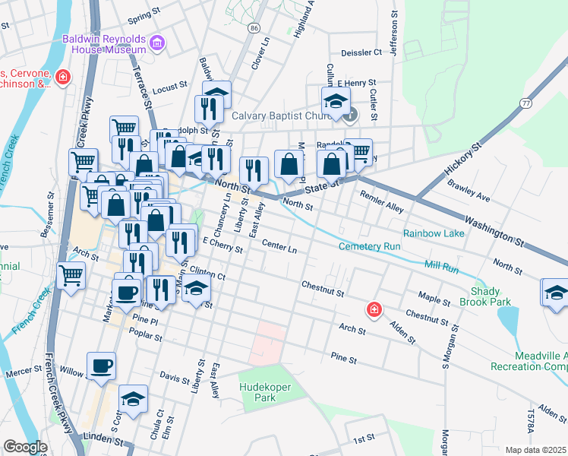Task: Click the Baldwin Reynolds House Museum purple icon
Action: pyautogui.click(x=157, y=43)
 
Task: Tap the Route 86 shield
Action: pyautogui.click(x=253, y=27)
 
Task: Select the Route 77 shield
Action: pyautogui.click(x=525, y=103)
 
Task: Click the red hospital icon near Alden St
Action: pyautogui.click(x=374, y=309)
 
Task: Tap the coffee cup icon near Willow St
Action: pyautogui.click(x=102, y=366)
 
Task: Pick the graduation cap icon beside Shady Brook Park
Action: pyautogui.click(x=555, y=293)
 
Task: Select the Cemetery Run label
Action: pyautogui.click(x=369, y=247)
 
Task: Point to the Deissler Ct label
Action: pyautogui.click(x=361, y=52)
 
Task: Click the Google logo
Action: pyautogui.click(x=25, y=447)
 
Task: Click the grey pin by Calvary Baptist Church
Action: pyautogui.click(x=350, y=116)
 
